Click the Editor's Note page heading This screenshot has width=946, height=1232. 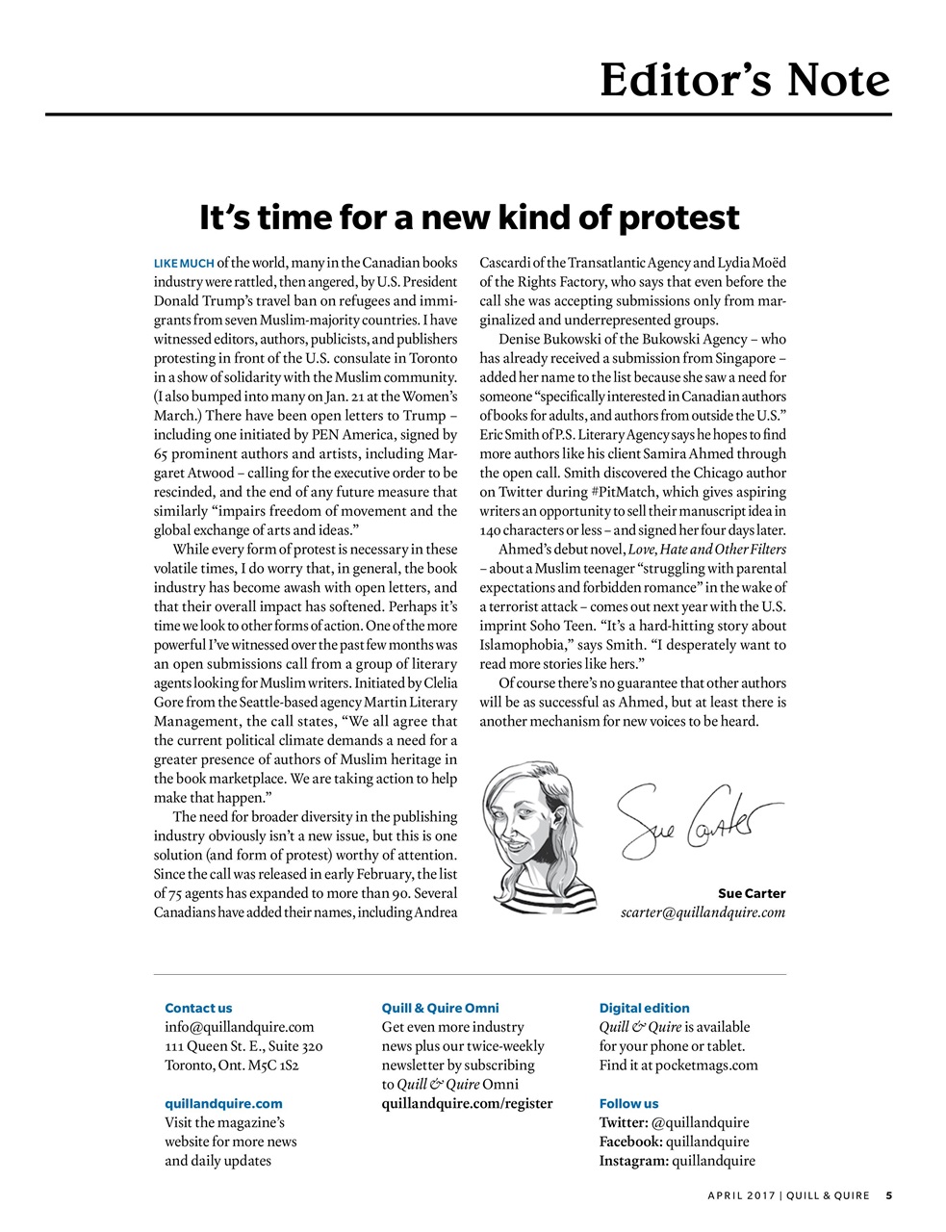click(x=744, y=81)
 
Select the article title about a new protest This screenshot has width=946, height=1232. click(x=469, y=218)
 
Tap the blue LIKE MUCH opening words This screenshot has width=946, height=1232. click(x=184, y=263)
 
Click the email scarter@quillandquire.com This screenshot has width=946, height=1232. click(x=703, y=912)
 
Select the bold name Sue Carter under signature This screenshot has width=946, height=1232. click(x=752, y=893)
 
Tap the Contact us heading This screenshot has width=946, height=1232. click(x=198, y=1008)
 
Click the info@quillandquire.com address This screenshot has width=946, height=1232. click(x=240, y=1027)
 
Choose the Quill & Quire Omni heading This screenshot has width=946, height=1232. click(x=440, y=1008)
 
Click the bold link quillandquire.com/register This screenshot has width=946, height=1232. click(x=467, y=1103)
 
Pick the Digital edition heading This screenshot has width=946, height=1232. click(x=644, y=1008)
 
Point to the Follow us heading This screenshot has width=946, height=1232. click(x=628, y=1103)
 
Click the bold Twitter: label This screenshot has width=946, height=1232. click(x=624, y=1122)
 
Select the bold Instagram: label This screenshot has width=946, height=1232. click(x=633, y=1161)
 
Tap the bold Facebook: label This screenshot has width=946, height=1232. click(x=630, y=1142)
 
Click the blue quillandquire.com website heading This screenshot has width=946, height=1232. click(x=223, y=1103)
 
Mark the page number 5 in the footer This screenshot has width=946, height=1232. click(x=889, y=1196)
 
